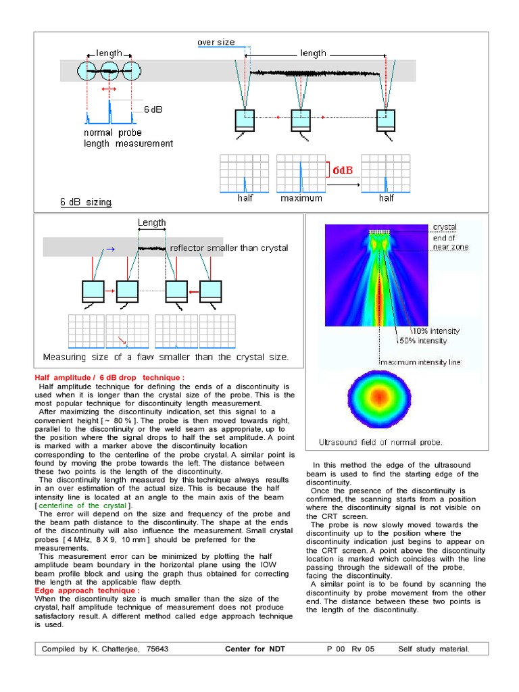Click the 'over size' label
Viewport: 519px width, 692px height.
tap(216, 43)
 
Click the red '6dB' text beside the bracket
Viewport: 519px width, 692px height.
tap(342, 170)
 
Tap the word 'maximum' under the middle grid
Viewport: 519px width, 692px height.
tap(301, 199)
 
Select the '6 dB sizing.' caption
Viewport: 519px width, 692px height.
tap(86, 201)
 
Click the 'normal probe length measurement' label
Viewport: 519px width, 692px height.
tap(128, 138)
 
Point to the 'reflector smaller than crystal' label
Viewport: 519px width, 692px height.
tap(229, 248)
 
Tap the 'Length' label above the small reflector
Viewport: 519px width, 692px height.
tap(152, 222)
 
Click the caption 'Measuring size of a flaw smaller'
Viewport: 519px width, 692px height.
tap(166, 357)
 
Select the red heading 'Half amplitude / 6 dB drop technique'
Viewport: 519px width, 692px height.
tap(109, 376)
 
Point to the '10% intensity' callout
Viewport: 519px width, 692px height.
tap(437, 331)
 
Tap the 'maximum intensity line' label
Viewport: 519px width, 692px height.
tap(420, 362)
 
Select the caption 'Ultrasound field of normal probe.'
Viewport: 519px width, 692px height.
tap(381, 443)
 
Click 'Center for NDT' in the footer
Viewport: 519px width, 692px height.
tap(255, 649)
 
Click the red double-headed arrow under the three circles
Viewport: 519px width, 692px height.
tap(109, 89)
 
